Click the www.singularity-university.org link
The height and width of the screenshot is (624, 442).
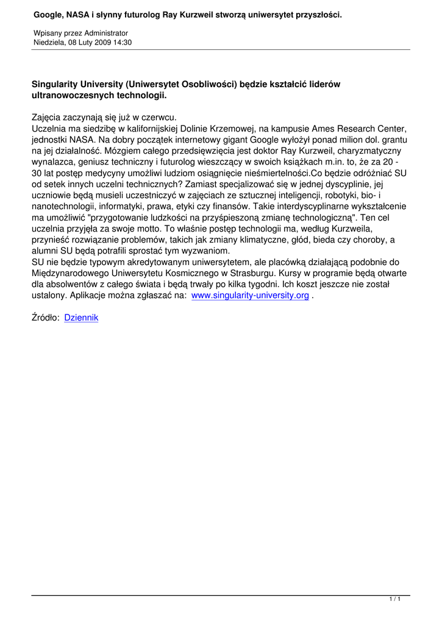[250, 296]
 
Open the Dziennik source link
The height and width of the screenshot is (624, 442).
[81, 317]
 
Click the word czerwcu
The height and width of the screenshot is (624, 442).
[158, 118]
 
